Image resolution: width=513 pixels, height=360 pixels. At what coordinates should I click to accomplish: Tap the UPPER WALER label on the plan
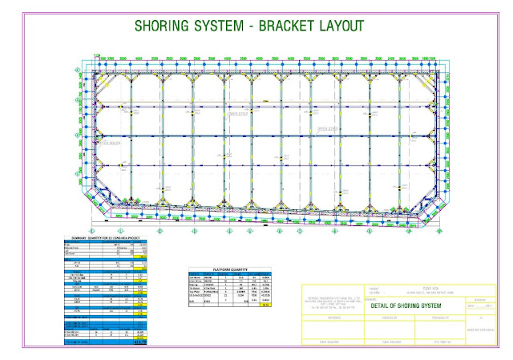(x=108, y=144)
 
